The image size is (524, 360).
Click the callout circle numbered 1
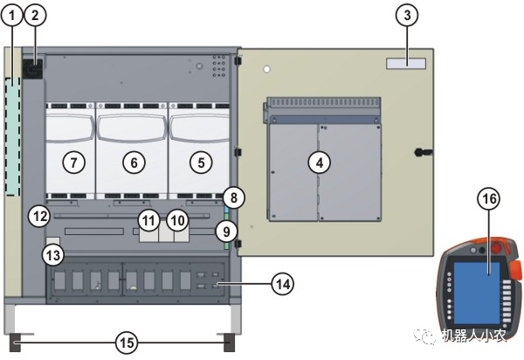click(13, 15)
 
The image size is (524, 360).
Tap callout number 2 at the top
click(36, 15)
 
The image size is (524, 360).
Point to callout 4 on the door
click(320, 162)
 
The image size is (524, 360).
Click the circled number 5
click(201, 162)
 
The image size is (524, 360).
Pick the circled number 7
click(73, 162)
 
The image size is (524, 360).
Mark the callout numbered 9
click(228, 232)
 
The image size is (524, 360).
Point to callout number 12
click(37, 215)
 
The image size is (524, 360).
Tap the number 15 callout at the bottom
click(128, 343)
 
